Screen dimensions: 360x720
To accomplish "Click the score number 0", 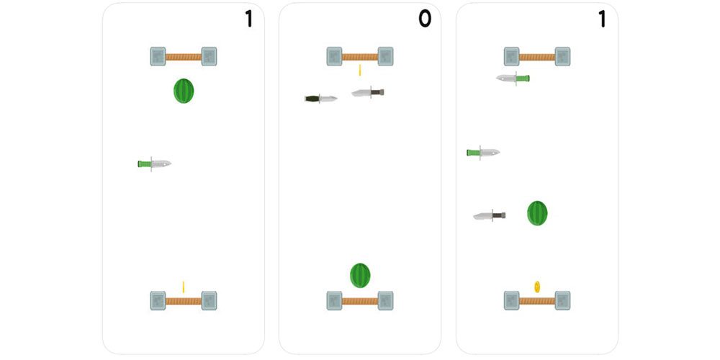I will click(425, 19).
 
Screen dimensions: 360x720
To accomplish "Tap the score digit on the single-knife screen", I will click(248, 19).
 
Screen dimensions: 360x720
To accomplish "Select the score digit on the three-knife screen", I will click(602, 19).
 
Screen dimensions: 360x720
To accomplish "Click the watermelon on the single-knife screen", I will click(184, 91).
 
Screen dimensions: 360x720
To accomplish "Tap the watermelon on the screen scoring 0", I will click(360, 275).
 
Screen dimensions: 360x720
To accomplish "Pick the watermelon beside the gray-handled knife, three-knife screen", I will click(537, 213).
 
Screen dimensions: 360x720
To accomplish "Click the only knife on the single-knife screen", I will click(155, 164).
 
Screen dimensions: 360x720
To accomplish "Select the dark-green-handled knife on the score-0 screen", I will click(320, 98).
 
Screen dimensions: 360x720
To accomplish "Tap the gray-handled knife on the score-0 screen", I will click(368, 92).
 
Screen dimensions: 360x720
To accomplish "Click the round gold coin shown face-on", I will click(537, 287).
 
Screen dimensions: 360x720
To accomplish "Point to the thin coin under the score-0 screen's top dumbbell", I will click(359, 70).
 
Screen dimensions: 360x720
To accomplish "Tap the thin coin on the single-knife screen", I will click(184, 287).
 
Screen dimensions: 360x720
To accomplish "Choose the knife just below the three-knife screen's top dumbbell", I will click(513, 78).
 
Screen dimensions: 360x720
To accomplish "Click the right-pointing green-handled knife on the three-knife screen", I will click(483, 152).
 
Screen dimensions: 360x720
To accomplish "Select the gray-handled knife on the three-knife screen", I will click(490, 215).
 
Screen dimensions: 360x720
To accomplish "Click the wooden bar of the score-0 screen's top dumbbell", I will click(360, 56).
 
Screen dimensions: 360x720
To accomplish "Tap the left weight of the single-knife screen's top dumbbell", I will click(158, 56).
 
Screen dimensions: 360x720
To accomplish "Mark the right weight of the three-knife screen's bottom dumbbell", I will click(562, 300).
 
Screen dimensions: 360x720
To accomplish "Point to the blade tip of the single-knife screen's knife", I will click(170, 163).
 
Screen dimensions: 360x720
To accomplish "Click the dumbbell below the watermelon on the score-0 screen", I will click(360, 300).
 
